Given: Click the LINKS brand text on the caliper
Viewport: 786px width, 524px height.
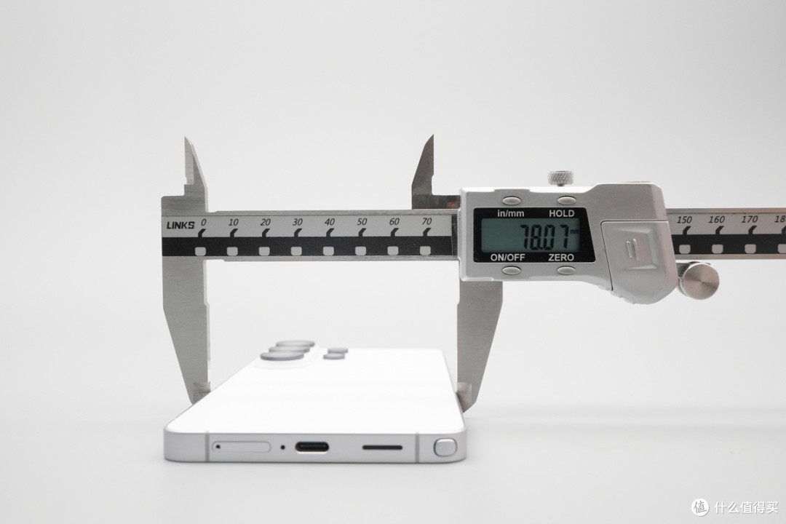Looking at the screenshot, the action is [180, 225].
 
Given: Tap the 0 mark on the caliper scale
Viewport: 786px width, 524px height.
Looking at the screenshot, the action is [203, 222].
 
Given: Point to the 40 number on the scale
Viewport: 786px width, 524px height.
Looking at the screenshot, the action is [330, 222].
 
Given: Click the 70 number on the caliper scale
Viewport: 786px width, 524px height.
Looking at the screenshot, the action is [426, 221].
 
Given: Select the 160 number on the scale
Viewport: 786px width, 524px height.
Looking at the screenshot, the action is [716, 219].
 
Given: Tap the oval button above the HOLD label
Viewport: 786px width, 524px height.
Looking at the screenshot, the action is [566, 200].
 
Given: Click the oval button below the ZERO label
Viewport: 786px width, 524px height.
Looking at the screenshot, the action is [566, 270].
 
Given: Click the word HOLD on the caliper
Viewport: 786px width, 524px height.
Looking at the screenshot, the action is [561, 213].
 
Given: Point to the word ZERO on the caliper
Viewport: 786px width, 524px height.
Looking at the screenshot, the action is [561, 257].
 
